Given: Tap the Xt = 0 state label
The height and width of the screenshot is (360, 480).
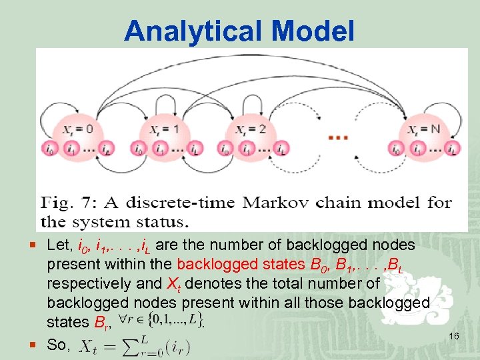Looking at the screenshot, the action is [81, 129].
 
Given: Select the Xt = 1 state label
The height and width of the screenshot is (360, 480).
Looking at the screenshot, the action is [166, 129].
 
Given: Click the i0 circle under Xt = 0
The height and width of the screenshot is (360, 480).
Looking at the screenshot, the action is [49, 149].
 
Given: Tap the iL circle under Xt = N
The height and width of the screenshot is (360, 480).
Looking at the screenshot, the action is [453, 149].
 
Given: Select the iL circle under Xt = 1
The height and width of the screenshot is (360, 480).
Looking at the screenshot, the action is [196, 149].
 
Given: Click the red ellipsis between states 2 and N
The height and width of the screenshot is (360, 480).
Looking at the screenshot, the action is [338, 137].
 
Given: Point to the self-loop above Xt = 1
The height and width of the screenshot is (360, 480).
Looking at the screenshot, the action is [165, 100].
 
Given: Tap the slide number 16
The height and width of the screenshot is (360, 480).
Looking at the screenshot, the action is [454, 337].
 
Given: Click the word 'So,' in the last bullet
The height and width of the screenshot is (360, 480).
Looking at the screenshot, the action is [59, 344].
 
